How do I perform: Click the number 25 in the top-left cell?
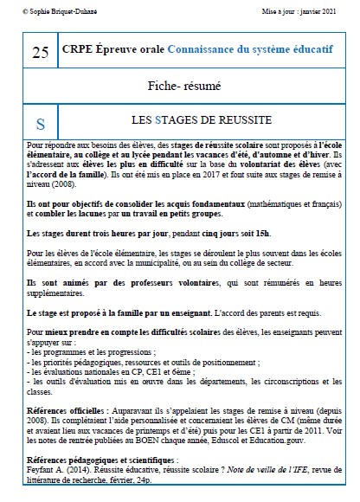(39, 53)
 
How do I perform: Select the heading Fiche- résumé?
(198, 87)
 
